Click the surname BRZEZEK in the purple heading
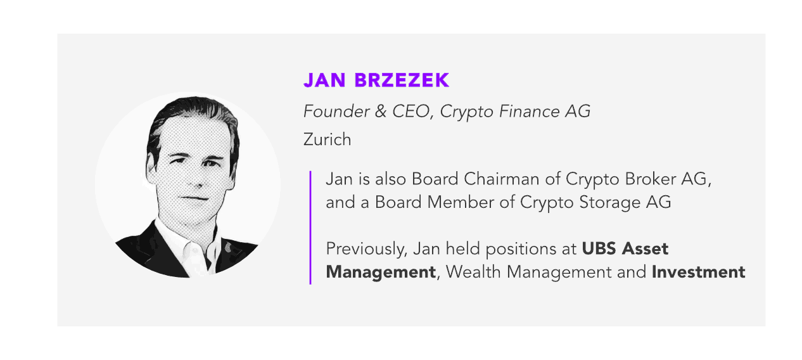pyautogui.click(x=402, y=80)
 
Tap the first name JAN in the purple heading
pyautogui.click(x=324, y=80)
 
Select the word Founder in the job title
pyautogui.click(x=336, y=111)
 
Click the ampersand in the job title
pyautogui.click(x=381, y=111)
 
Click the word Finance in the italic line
pyautogui.click(x=529, y=111)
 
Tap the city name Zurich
pyautogui.click(x=327, y=139)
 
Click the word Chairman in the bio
pyautogui.click(x=501, y=179)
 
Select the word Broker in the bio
pyautogui.click(x=650, y=179)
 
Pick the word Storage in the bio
pyautogui.click(x=609, y=202)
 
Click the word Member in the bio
pyautogui.click(x=461, y=202)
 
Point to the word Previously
pyautogui.click(x=367, y=249)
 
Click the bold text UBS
pyautogui.click(x=599, y=248)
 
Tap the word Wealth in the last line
pyautogui.click(x=473, y=272)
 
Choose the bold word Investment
pyautogui.click(x=698, y=272)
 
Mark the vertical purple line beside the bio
pyautogui.click(x=310, y=228)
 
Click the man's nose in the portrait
pyautogui.click(x=199, y=179)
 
